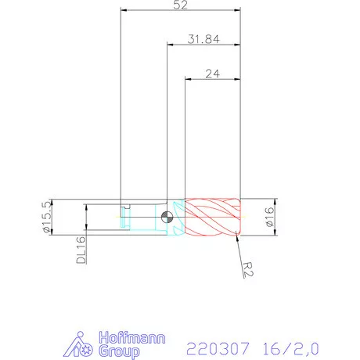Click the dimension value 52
click(181, 5)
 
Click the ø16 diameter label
click(268, 217)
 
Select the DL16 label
click(81, 250)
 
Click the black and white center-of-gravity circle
click(167, 217)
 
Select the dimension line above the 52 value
click(181, 12)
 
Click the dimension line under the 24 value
click(212, 79)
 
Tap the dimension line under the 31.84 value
click(203, 46)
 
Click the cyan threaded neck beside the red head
click(176, 217)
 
